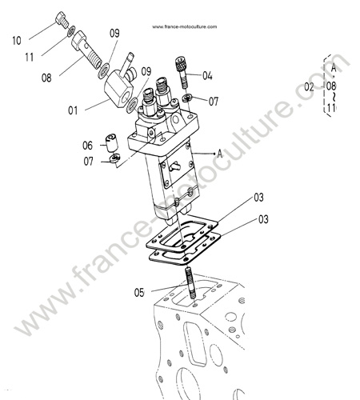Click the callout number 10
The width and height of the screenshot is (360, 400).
17,41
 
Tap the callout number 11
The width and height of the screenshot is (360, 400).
30,57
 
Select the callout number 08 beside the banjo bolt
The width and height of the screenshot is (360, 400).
46,78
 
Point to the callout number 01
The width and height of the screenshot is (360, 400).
73,110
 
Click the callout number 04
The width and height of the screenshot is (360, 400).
207,76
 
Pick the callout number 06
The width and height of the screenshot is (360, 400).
87,146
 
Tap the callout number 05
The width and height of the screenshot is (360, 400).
139,293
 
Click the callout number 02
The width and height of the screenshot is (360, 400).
309,87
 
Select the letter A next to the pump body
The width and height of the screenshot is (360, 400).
220,154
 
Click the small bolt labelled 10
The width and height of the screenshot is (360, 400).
62,19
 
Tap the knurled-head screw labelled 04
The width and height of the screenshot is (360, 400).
182,72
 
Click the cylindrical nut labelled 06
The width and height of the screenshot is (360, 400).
111,143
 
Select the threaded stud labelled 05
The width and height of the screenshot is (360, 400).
190,283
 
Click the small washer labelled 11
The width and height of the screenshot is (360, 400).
71,31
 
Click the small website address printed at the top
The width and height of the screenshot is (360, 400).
185,26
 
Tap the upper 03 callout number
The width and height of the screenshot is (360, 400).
258,198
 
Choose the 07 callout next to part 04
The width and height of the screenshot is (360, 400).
214,102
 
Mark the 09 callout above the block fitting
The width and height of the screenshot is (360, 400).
114,34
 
